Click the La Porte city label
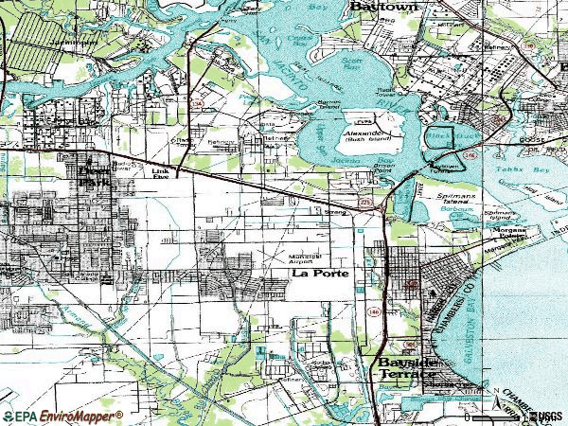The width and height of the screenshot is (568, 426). pos(319,274)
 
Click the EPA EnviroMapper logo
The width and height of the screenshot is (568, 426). pos(62,416)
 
